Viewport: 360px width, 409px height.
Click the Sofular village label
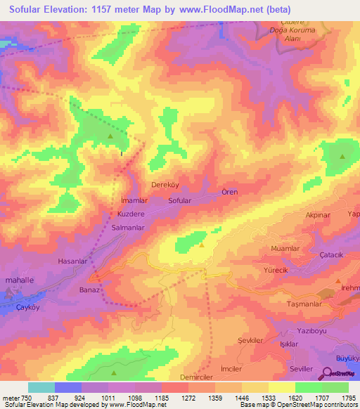coord(180,200)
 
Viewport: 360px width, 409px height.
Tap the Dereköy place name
coord(167,186)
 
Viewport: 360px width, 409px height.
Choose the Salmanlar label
coord(128,228)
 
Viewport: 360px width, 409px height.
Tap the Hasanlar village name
coord(72,261)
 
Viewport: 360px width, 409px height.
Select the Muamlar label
coord(285,249)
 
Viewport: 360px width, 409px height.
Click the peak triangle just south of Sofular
coord(202,245)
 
